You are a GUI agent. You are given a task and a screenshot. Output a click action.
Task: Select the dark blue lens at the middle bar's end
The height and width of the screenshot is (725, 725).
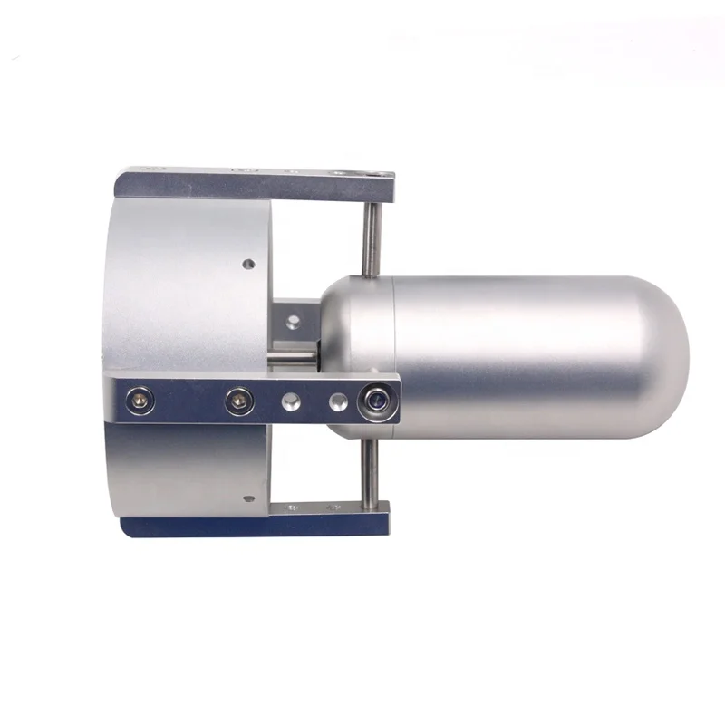[x=376, y=400]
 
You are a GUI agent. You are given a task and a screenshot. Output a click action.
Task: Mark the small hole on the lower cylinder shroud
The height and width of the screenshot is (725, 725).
[x=247, y=498]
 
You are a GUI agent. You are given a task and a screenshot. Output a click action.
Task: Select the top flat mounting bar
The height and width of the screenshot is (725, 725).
[x=254, y=185]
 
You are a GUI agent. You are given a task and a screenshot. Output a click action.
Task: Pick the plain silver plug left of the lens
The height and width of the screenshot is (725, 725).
[x=338, y=400]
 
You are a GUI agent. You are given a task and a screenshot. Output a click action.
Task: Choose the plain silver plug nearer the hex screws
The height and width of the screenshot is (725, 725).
[x=290, y=399]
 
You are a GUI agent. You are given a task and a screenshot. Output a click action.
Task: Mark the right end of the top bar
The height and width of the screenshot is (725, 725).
[x=384, y=186]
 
